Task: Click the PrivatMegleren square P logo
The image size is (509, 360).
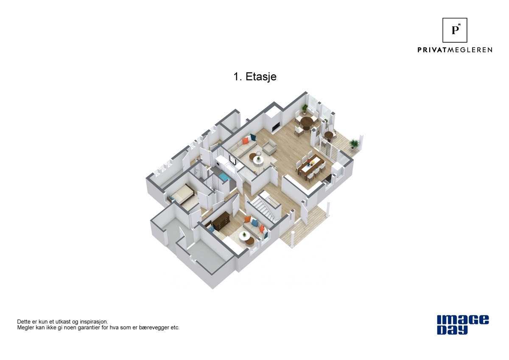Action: point(455,30)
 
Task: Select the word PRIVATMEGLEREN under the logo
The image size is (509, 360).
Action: point(455,50)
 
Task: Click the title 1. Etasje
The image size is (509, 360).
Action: point(255,77)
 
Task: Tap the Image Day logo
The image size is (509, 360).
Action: point(463,325)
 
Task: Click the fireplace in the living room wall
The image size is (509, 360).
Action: point(275,126)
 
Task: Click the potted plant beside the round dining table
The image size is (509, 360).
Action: point(305,108)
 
